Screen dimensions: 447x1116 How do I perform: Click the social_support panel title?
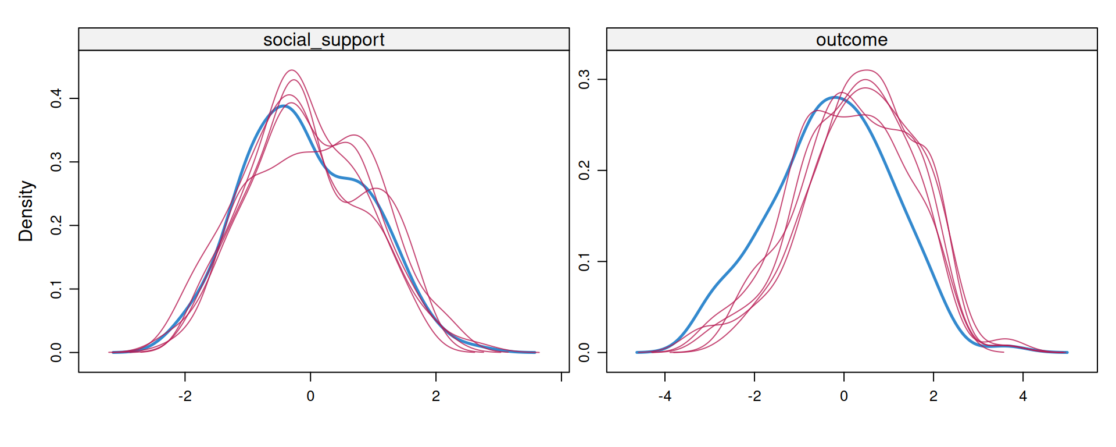(324, 40)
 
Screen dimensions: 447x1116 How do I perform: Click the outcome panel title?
(852, 40)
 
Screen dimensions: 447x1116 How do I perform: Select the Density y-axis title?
(26, 211)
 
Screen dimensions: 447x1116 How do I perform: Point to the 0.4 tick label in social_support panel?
(56, 98)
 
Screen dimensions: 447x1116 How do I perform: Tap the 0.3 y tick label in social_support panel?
(56, 162)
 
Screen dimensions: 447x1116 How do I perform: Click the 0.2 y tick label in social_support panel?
(56, 225)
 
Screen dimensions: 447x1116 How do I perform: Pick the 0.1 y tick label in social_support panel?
(56, 289)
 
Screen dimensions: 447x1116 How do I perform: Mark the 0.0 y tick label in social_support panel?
(56, 352)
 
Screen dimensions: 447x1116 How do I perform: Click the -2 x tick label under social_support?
(185, 396)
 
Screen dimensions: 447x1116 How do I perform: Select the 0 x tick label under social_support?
(310, 396)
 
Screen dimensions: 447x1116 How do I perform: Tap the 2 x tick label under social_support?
(436, 396)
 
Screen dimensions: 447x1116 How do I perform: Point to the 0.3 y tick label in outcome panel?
(585, 80)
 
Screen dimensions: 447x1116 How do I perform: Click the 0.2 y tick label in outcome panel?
(585, 171)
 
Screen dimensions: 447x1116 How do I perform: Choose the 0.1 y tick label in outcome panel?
(585, 262)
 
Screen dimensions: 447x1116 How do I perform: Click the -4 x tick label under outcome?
(665, 396)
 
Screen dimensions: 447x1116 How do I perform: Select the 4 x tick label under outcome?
(1023, 396)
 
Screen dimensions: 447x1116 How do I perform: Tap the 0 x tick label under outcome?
(844, 396)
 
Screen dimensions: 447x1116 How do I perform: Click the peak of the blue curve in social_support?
(282, 106)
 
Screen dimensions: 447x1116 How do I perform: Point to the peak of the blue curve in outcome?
(835, 98)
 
